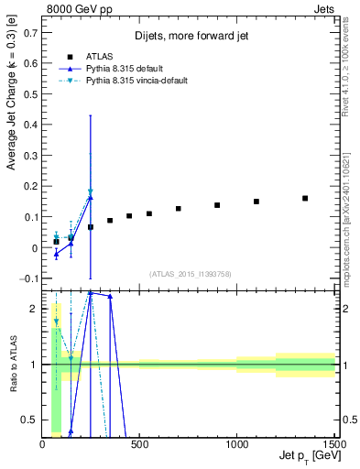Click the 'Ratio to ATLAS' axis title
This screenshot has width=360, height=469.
point(13,364)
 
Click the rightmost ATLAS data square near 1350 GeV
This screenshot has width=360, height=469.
point(305,198)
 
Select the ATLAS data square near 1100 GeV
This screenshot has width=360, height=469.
point(256,202)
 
